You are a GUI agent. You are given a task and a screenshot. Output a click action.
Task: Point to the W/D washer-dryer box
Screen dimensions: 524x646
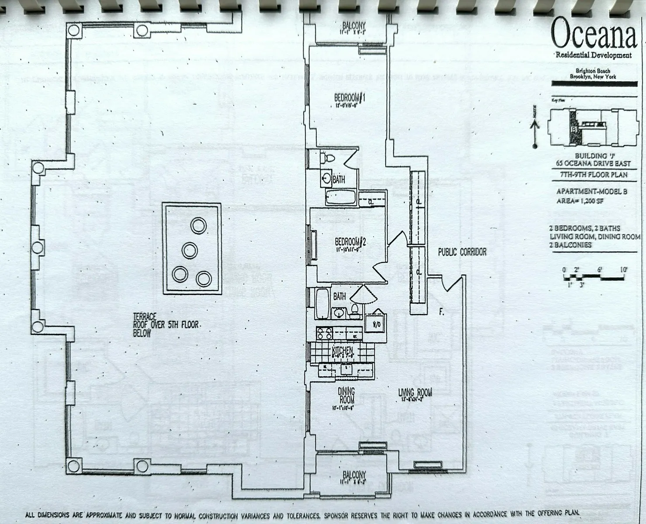click(375, 324)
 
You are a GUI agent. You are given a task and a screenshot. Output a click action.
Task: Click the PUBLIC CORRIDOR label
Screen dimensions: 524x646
click(462, 252)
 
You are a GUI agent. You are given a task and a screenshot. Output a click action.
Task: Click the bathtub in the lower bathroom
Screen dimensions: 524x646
click(322, 304)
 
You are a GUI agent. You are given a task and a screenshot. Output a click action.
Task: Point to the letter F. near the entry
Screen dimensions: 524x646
click(442, 312)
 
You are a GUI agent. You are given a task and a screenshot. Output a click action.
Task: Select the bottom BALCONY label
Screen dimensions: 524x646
click(354, 475)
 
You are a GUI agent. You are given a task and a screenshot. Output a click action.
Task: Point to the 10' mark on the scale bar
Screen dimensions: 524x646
click(623, 270)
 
